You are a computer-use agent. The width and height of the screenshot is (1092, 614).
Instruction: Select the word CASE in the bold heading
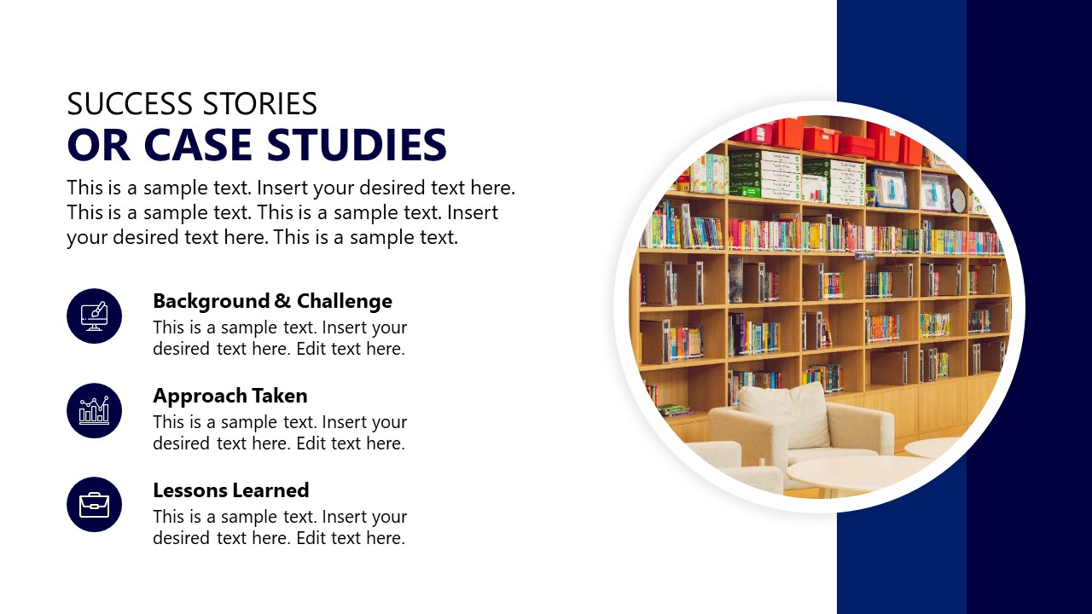pyautogui.click(x=205, y=145)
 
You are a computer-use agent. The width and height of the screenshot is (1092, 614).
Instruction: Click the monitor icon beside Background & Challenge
pyautogui.click(x=94, y=316)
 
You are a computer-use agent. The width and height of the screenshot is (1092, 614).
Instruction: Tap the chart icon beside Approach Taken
pyautogui.click(x=94, y=410)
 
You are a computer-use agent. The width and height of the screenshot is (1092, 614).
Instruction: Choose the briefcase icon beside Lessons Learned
pyautogui.click(x=94, y=505)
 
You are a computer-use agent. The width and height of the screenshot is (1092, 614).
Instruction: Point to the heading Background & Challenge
pyautogui.click(x=272, y=301)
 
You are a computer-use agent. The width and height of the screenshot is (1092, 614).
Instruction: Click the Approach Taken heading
pyautogui.click(x=229, y=396)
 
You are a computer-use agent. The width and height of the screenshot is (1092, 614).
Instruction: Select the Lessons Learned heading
pyautogui.click(x=230, y=490)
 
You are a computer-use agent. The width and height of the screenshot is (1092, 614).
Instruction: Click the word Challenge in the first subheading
pyautogui.click(x=345, y=301)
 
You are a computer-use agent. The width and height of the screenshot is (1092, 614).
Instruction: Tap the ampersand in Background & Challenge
pyautogui.click(x=283, y=301)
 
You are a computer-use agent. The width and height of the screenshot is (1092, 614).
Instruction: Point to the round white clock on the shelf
pyautogui.click(x=958, y=200)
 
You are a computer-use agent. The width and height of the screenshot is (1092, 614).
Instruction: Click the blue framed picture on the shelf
pyautogui.click(x=889, y=188)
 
